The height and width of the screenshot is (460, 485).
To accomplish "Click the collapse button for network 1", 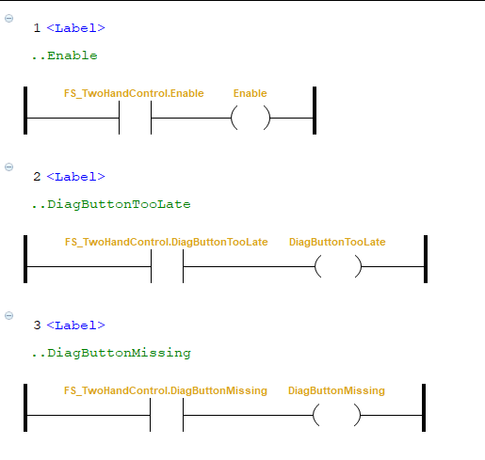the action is [8, 18].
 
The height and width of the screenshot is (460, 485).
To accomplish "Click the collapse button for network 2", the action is [8, 167].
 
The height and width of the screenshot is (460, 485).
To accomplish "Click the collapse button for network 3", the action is [8, 315].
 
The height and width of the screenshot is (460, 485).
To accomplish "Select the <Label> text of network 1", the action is [75, 28].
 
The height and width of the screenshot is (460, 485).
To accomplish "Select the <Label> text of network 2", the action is [75, 177].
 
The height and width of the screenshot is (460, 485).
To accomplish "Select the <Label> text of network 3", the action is [75, 325].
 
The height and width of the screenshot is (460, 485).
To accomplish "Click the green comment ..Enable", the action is [65, 56].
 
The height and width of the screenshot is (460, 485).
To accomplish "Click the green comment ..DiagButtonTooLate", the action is [111, 205].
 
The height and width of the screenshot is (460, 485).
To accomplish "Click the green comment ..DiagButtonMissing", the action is [111, 354].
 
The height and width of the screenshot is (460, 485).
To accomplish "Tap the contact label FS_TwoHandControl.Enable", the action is [134, 93].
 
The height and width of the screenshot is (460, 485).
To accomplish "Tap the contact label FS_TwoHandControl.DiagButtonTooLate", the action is [166, 242].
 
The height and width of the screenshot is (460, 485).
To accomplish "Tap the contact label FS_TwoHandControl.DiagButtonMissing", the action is [166, 390].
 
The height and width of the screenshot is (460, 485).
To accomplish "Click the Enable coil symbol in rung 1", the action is [251, 118].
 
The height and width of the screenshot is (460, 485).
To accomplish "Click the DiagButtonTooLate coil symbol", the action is [338, 266].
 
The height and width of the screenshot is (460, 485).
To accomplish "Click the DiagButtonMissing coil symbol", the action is [337, 415].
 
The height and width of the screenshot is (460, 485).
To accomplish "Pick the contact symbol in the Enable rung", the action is [135, 118].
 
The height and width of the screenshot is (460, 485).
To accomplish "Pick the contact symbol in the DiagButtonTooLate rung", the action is [167, 266].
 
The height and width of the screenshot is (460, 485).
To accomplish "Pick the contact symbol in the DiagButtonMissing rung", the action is [167, 415].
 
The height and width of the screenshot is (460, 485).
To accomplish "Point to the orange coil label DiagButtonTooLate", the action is [337, 242].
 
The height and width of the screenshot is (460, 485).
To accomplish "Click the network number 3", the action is [37, 325].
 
